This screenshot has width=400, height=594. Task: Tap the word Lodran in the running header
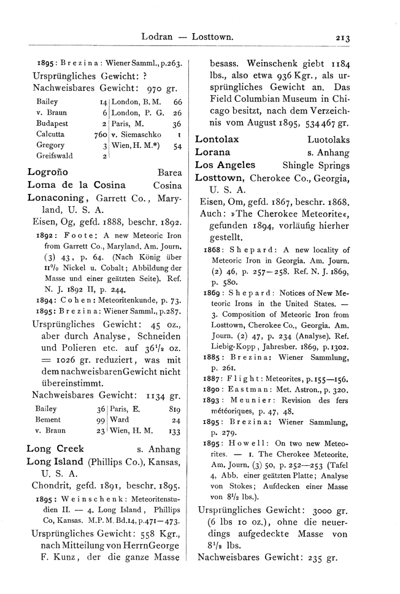click(156, 37)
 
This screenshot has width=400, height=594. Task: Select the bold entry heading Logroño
click(48, 173)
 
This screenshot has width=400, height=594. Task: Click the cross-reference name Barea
click(170, 173)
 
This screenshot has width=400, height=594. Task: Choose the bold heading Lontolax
click(217, 139)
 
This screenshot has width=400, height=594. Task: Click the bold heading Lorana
click(212, 152)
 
